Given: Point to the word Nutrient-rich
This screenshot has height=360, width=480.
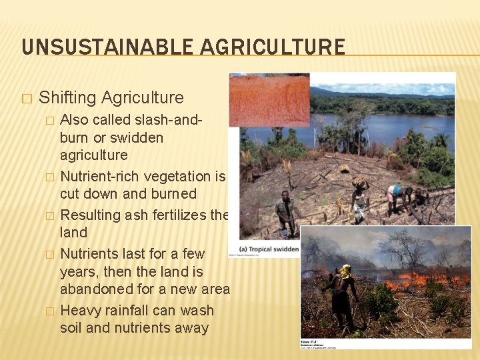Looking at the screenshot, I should point(101,177).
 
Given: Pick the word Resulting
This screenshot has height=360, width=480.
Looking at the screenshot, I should point(93,215).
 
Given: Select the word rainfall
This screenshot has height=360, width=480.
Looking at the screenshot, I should point(137,311).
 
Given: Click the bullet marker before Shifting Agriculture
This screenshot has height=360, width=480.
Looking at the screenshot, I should point(27,98).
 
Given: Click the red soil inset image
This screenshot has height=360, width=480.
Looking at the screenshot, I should point(269,99).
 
